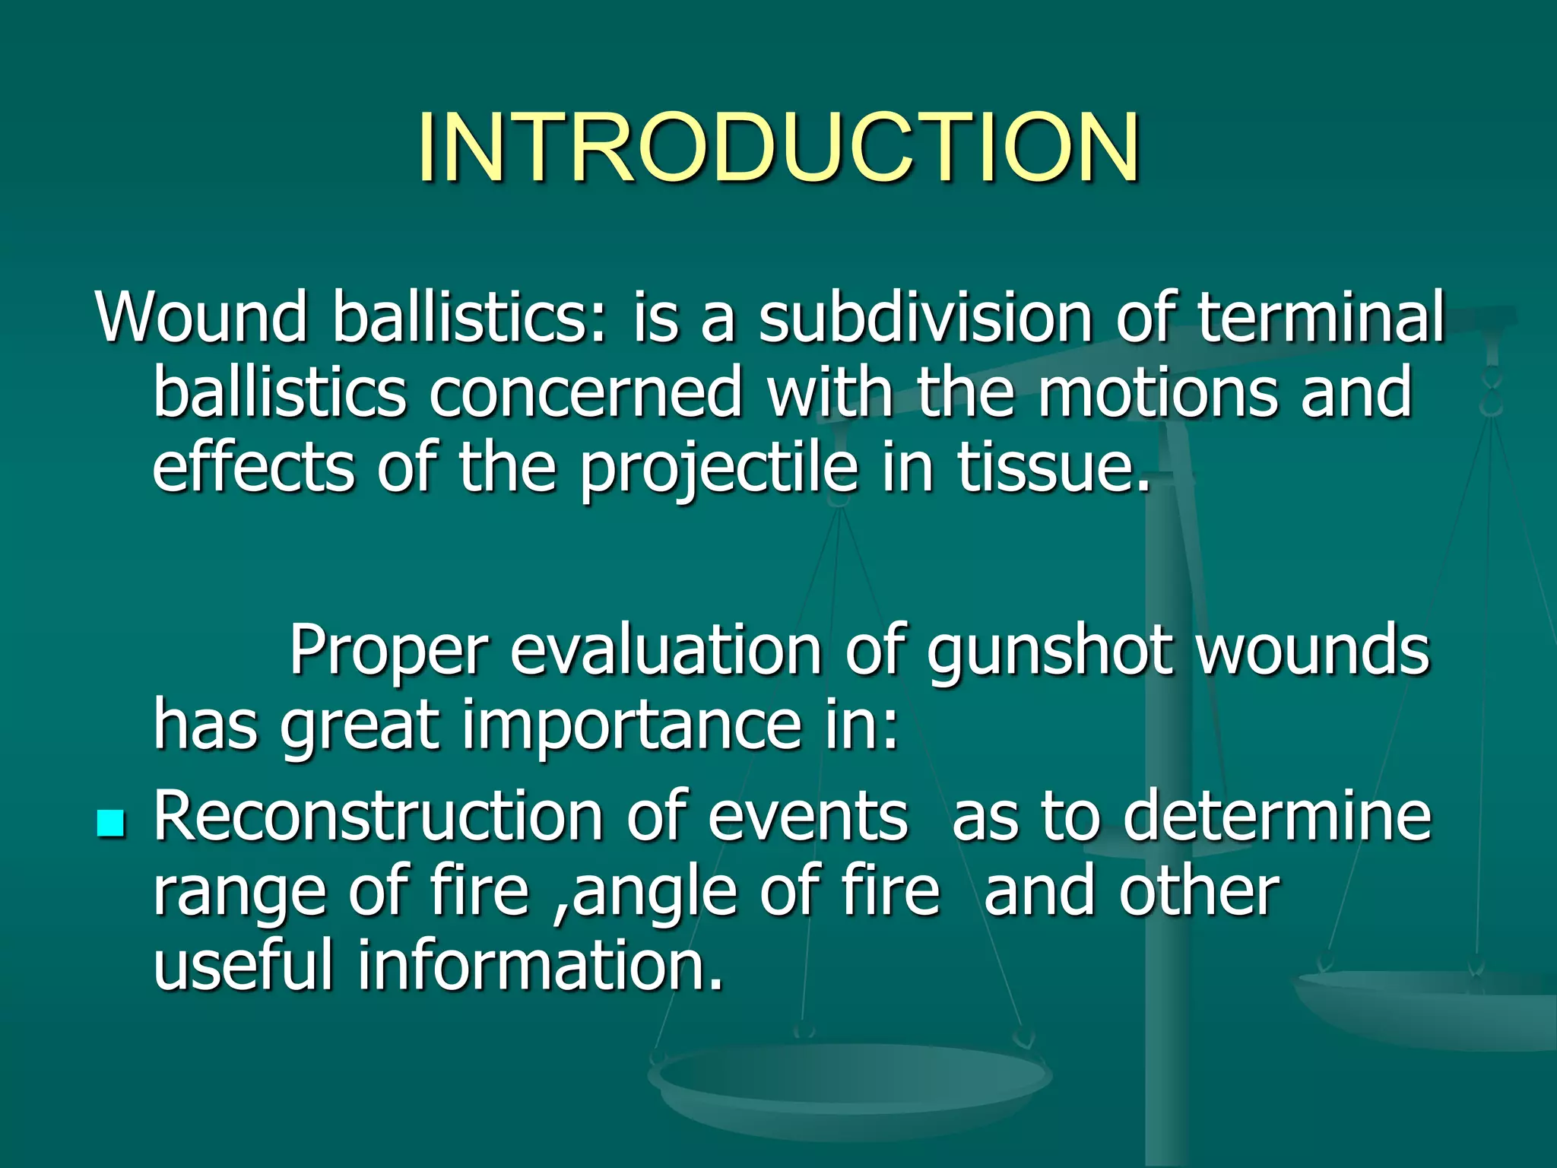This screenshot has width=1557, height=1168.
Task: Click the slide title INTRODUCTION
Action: click(778, 148)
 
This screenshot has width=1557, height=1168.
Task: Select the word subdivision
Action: click(925, 316)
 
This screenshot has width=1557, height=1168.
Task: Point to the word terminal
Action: click(1321, 316)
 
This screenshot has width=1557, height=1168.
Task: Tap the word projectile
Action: click(719, 468)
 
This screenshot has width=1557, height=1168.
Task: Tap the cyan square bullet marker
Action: click(111, 823)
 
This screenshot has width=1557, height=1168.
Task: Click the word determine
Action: click(1277, 815)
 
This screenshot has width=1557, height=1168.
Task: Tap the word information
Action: click(540, 964)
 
